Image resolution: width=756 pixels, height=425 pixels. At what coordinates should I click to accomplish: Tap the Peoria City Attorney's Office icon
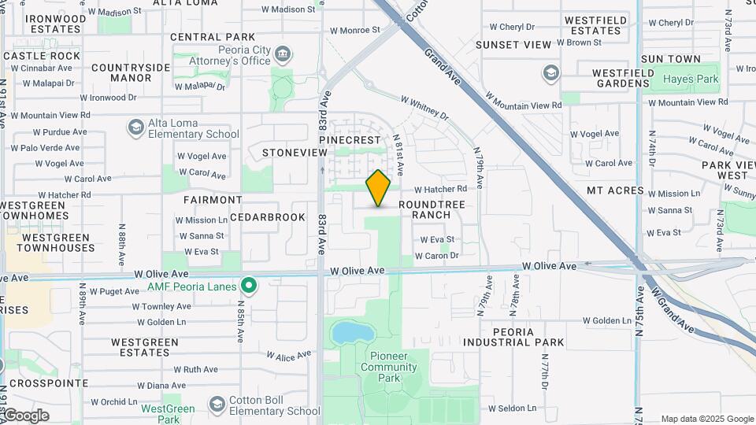(283, 54)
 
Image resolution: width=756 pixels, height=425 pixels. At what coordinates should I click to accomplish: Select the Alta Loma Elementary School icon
(135, 127)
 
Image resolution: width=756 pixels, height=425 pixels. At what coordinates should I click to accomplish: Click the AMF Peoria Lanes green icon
(249, 285)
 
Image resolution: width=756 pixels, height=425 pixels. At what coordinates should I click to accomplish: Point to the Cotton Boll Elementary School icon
(217, 404)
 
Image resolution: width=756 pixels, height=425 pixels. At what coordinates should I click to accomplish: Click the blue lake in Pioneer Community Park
(347, 333)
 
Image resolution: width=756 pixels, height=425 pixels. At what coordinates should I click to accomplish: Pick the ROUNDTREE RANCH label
(431, 209)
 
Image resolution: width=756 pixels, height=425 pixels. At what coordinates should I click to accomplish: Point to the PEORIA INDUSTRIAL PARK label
(513, 337)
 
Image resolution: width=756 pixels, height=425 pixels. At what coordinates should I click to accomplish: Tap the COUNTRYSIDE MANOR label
(131, 72)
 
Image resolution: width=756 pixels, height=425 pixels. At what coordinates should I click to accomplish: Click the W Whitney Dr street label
(424, 108)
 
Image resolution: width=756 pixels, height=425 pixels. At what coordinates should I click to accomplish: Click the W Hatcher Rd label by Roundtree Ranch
(440, 189)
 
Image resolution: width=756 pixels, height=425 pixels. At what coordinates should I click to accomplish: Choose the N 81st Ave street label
(398, 154)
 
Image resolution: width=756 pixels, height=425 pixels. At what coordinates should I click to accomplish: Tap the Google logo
(25, 415)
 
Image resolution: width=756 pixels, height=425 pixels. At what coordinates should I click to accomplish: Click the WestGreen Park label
(168, 409)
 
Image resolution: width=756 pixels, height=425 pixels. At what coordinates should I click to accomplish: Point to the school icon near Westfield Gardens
(550, 73)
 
